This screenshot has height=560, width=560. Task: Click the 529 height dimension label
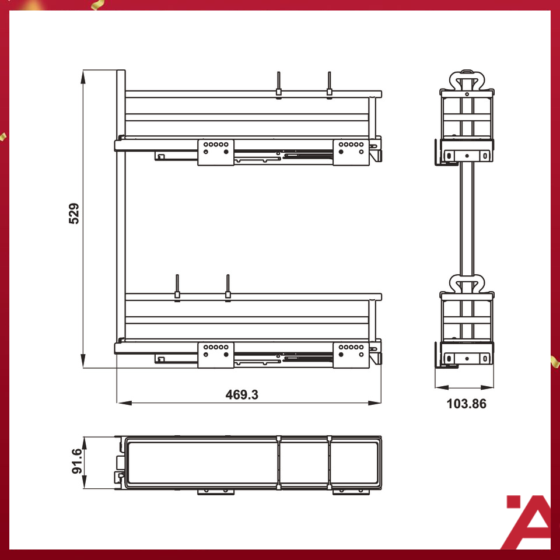(x=74, y=213)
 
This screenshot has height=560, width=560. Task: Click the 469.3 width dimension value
(x=242, y=394)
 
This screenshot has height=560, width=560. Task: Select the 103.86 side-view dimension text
(x=466, y=404)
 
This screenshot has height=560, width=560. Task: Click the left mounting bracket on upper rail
(x=215, y=152)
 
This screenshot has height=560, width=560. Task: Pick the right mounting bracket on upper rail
(x=351, y=152)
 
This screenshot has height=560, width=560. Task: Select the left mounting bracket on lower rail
(x=215, y=355)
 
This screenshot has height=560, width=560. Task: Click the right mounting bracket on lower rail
(x=351, y=355)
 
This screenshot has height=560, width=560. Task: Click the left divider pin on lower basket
(x=177, y=286)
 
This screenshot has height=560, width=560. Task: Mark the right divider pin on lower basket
(x=228, y=286)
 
